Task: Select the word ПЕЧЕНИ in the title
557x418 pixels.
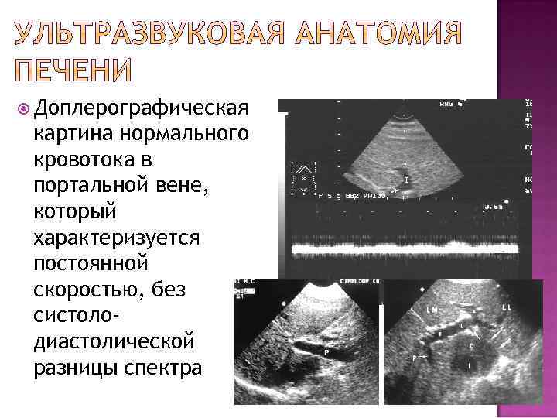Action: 74,70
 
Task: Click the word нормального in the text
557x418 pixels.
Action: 183,135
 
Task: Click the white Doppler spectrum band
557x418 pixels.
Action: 410,249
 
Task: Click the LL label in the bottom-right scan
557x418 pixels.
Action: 507,308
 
